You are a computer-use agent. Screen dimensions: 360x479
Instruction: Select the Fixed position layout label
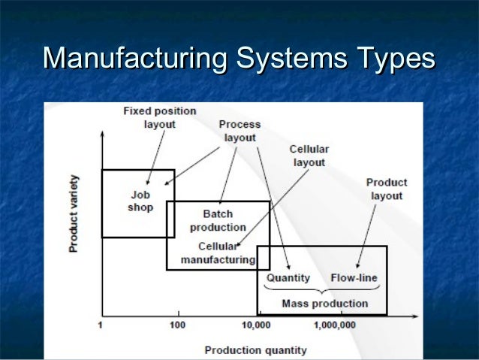159,117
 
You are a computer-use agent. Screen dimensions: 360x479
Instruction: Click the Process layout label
239,131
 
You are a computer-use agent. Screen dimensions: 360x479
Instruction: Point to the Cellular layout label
309,156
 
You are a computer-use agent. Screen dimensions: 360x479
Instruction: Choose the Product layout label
387,189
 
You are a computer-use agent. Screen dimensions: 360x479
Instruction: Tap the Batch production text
218,220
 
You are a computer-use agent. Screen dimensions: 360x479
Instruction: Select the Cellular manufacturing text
218,253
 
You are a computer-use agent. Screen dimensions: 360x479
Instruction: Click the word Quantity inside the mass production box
288,278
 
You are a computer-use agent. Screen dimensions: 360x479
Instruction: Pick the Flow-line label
354,278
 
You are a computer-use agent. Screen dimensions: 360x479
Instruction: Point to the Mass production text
324,304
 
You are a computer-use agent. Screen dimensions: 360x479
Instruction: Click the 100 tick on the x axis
177,325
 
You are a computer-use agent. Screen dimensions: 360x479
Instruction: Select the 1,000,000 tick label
334,325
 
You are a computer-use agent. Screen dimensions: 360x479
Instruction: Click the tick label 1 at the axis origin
101,325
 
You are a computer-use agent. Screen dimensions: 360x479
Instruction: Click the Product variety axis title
74,213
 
